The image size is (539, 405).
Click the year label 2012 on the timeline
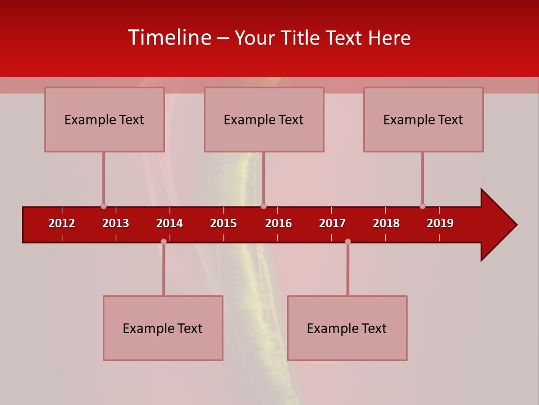tap(62, 223)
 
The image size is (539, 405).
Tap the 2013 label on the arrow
tap(116, 223)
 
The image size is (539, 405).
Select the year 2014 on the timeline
tap(170, 223)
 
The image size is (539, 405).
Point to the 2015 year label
tap(223, 223)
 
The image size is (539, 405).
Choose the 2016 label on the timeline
tap(278, 223)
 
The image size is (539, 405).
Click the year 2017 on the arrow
tap(332, 223)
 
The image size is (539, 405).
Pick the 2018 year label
tap(386, 223)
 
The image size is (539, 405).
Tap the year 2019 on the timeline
tap(440, 223)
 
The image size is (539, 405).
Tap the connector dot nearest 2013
tap(103, 206)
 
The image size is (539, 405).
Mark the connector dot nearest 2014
tap(163, 242)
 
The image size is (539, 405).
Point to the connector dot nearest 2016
tap(263, 206)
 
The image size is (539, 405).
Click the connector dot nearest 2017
tap(348, 242)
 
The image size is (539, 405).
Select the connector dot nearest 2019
tap(422, 206)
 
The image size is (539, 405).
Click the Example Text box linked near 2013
tap(104, 119)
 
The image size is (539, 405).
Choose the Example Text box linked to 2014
tap(163, 328)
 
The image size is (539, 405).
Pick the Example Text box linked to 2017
tap(347, 328)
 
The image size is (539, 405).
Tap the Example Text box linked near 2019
tap(423, 119)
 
